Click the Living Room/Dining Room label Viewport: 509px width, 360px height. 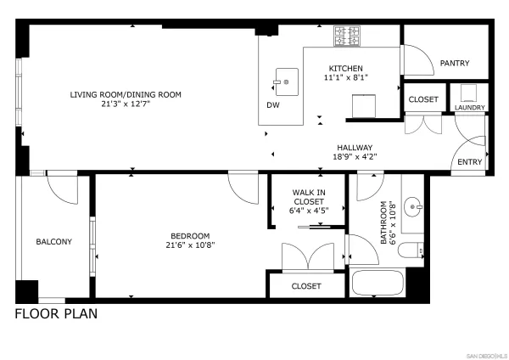(x=126, y=94)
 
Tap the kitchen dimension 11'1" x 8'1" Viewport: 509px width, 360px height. (x=345, y=78)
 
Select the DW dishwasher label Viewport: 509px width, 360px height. (x=273, y=105)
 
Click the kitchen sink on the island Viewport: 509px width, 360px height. (x=286, y=82)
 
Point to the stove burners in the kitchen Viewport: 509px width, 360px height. (x=346, y=36)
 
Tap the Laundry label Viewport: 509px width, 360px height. (x=469, y=108)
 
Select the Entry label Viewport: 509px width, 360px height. (x=469, y=162)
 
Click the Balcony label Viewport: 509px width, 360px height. (x=53, y=242)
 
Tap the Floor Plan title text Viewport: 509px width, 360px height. (x=56, y=314)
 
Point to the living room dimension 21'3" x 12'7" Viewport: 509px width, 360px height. (x=126, y=104)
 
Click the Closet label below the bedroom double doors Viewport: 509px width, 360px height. (x=306, y=286)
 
